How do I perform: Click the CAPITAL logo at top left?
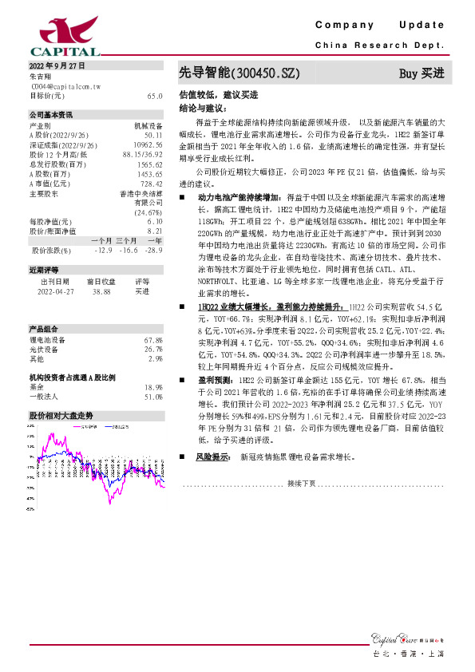[x=49, y=35]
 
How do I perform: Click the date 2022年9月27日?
[x=56, y=65]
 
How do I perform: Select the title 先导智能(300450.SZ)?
[x=239, y=73]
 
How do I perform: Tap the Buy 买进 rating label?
[x=421, y=73]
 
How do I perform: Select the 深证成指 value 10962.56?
[x=149, y=145]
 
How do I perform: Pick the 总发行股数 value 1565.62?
[x=151, y=164]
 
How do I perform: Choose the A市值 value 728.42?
[x=152, y=183]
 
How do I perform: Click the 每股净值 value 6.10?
[x=155, y=221]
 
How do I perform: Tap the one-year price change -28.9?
[x=153, y=250]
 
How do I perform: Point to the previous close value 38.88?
[x=101, y=292]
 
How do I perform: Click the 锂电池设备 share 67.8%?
[x=153, y=340]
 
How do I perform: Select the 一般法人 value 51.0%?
[x=153, y=397]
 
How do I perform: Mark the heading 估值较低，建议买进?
[x=210, y=94]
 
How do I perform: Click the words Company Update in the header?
[x=378, y=26]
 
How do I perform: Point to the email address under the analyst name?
[x=59, y=85]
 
